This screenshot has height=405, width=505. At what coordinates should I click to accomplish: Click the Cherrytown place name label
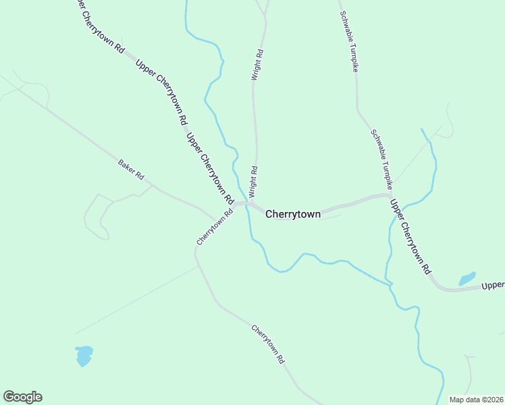click(x=293, y=214)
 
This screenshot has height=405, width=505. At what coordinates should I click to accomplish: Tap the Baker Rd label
click(x=132, y=169)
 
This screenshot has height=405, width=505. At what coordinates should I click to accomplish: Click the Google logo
click(x=22, y=397)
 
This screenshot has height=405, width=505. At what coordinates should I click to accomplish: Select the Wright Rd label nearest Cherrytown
click(x=255, y=182)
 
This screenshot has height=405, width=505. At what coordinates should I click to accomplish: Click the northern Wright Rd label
click(x=257, y=65)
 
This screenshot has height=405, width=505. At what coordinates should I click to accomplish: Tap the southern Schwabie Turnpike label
click(x=381, y=158)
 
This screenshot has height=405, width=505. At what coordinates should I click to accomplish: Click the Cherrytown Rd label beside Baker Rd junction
click(x=215, y=226)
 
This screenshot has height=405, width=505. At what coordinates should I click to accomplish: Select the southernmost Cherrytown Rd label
click(x=268, y=345)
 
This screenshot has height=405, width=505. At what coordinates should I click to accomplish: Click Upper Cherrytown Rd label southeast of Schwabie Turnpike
click(x=410, y=236)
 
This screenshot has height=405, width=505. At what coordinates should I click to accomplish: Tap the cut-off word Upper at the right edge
click(x=493, y=286)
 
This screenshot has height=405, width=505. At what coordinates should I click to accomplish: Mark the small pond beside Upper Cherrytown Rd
click(x=467, y=279)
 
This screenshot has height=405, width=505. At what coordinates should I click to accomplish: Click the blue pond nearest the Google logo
click(x=84, y=356)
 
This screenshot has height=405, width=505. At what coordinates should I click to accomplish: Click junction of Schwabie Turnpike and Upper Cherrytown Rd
click(x=389, y=196)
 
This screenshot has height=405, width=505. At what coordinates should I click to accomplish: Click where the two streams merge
click(x=390, y=286)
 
